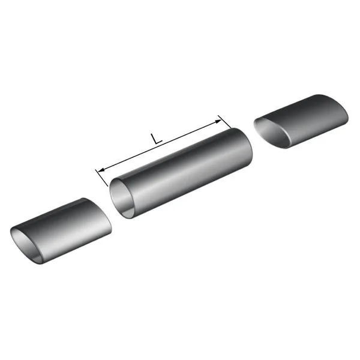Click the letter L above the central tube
coord(156,139)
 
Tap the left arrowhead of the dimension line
coord(101,170)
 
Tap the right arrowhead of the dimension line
coord(218,121)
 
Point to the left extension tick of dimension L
coord(101,178)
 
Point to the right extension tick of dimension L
coord(224,122)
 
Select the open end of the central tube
coord(122,198)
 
